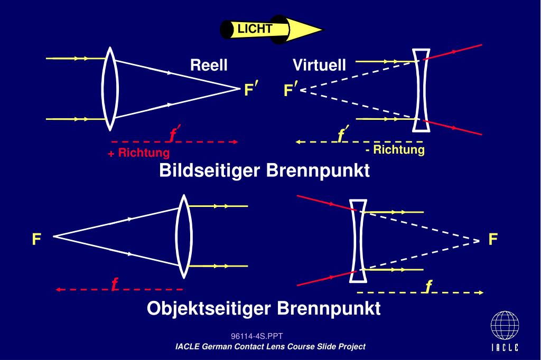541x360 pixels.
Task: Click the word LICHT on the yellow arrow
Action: tap(255, 29)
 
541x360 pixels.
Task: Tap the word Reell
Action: tap(209, 65)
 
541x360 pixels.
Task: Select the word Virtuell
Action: tap(319, 65)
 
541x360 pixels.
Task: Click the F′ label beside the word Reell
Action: tap(251, 89)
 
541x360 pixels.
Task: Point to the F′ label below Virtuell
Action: tap(291, 89)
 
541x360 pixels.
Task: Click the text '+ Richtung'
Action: tap(139, 153)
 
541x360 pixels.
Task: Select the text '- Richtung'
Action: tap(395, 150)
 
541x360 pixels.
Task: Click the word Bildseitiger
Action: tap(209, 170)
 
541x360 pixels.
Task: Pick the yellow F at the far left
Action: tap(36, 239)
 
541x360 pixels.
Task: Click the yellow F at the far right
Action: tap(493, 239)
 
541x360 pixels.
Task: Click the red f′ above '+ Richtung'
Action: tap(174, 134)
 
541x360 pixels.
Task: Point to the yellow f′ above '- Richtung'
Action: tap(343, 134)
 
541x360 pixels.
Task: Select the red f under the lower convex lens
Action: tap(115, 284)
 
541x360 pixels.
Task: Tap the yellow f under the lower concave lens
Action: tap(428, 286)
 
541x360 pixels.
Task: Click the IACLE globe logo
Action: tap(505, 326)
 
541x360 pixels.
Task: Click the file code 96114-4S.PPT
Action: tap(257, 336)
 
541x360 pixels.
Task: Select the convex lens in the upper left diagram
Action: tap(110, 89)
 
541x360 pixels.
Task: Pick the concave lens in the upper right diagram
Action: tap(421, 90)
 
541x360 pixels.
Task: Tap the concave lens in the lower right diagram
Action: tap(358, 241)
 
